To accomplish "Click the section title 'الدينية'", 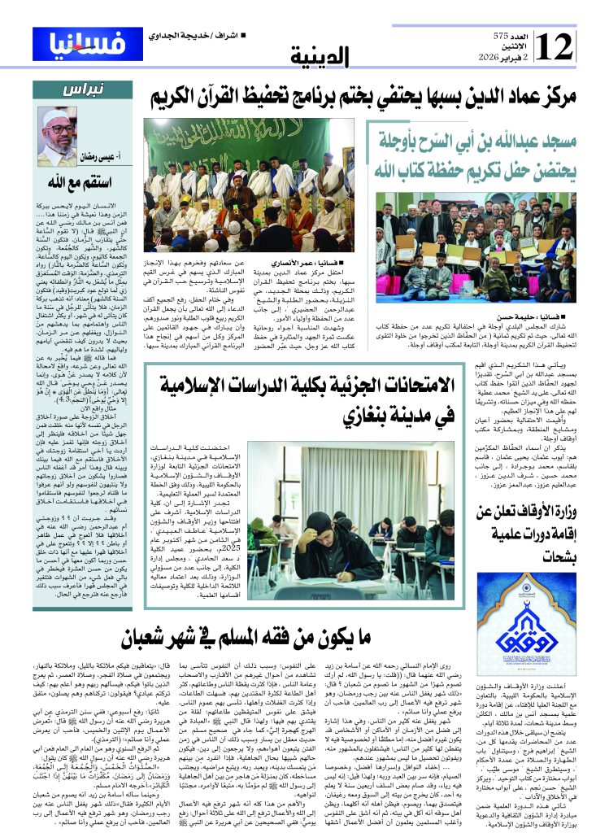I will (x=320, y=57).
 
